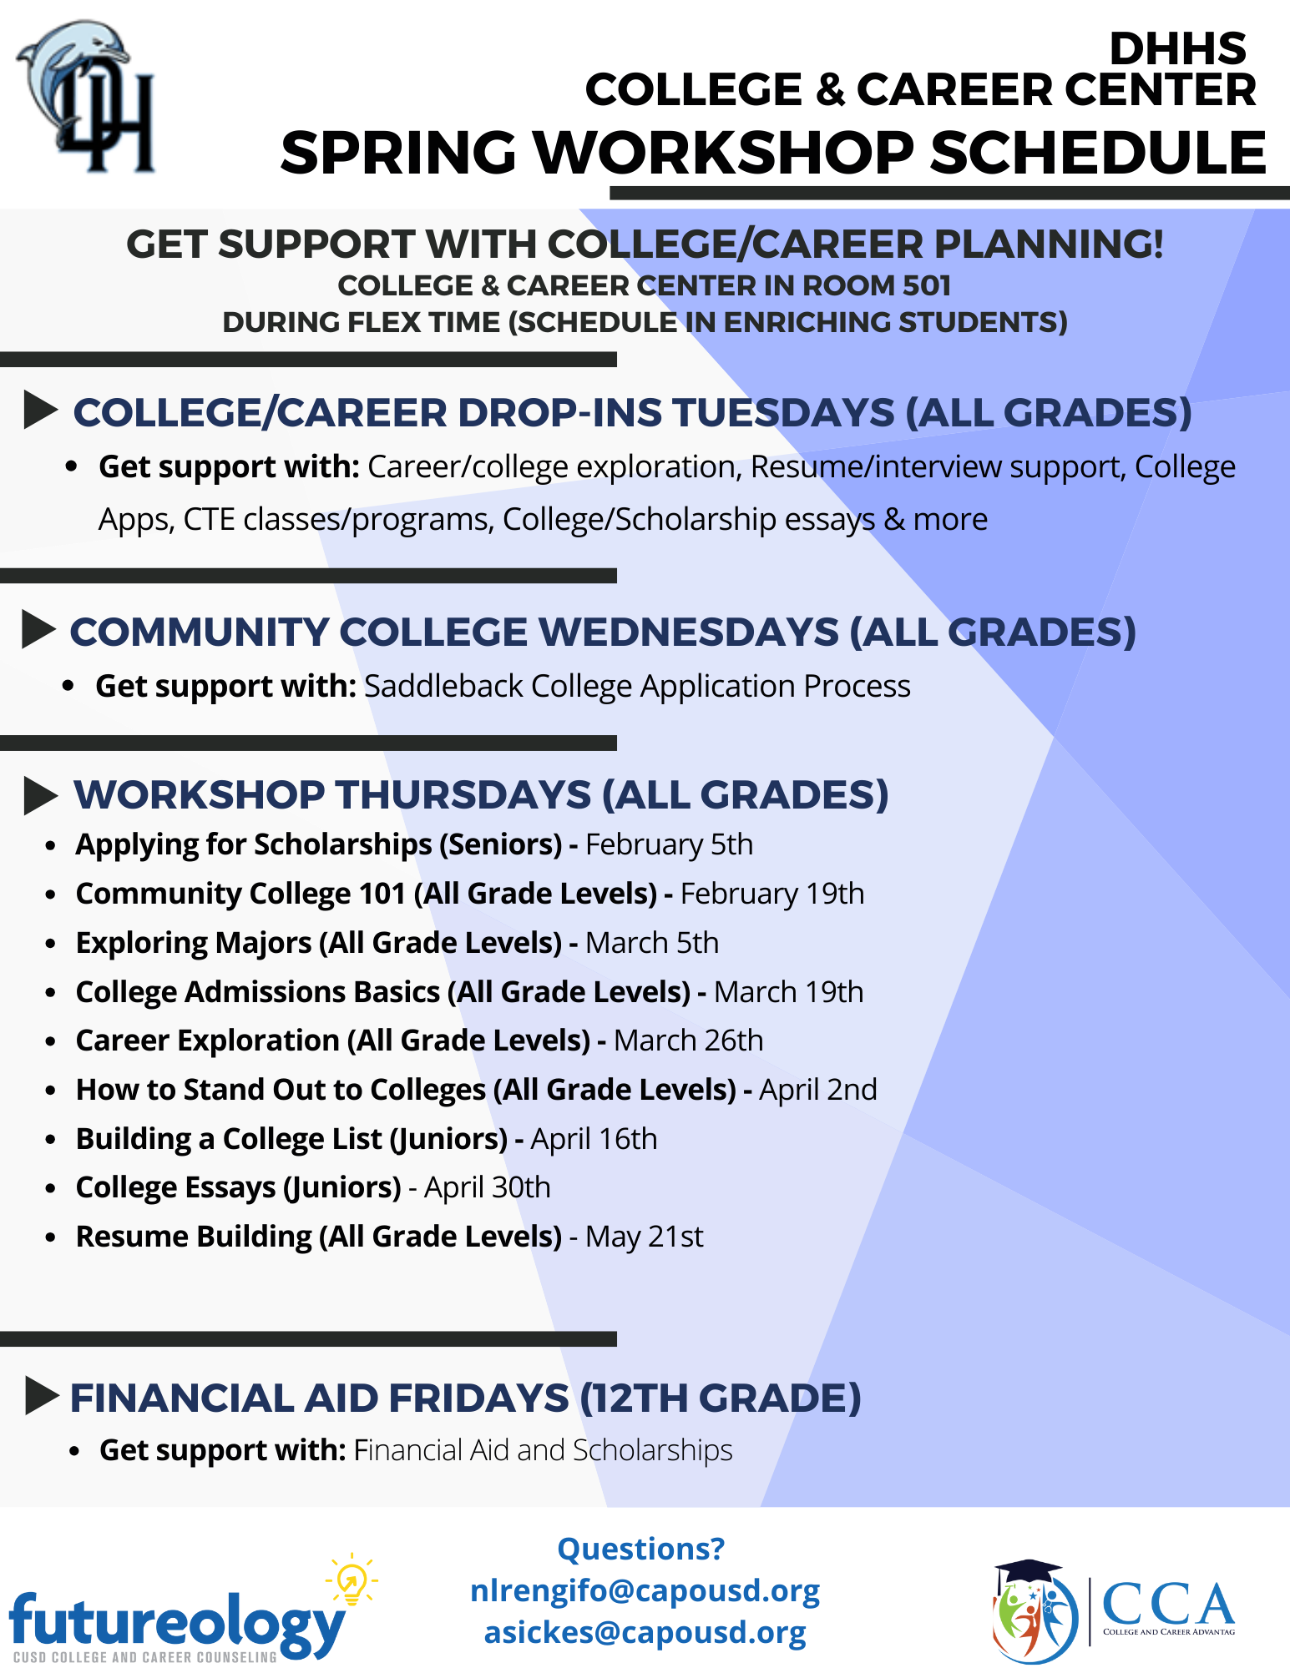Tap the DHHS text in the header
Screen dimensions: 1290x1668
1177,48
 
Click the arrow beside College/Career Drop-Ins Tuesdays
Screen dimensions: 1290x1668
41,410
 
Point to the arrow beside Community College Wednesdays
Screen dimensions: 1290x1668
38,629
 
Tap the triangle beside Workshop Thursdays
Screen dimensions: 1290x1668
41,795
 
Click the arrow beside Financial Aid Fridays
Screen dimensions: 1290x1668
42,1396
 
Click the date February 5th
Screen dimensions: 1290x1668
670,844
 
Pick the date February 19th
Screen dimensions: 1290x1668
772,894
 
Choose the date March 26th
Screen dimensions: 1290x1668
689,1041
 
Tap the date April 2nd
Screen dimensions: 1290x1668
818,1090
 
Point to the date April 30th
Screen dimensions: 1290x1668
488,1187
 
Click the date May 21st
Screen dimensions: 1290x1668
645,1237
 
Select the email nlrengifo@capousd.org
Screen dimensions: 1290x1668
645,1591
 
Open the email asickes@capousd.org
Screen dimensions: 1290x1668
645,1633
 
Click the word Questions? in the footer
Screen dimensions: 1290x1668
641,1549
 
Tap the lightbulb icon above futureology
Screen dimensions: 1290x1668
352,1578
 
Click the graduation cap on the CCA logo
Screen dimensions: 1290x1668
1028,1571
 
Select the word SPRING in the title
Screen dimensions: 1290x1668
398,154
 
